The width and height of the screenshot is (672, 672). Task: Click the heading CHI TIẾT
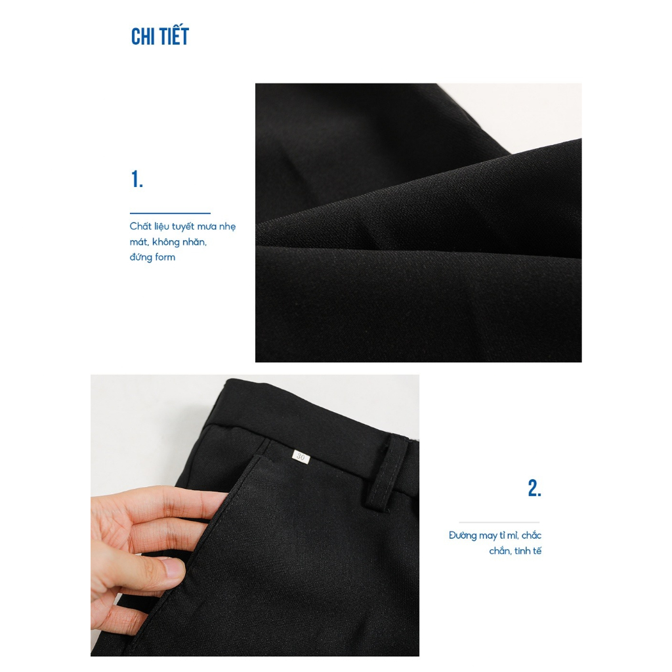pos(160,37)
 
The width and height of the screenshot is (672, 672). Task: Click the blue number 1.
pos(136,179)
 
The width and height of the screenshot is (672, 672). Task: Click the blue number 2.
pos(534,488)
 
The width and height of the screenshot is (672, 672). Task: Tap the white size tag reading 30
pos(301,457)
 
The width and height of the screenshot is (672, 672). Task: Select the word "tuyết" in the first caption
pos(183,226)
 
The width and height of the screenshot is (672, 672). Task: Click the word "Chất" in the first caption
pos(140,226)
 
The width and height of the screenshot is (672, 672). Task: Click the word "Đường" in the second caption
pos(463,535)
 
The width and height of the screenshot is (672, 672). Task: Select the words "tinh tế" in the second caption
pos(528,551)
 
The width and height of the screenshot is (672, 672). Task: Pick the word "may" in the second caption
pos(488,536)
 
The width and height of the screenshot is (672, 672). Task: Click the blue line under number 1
pos(170,213)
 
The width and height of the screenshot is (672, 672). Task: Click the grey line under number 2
pos(499,522)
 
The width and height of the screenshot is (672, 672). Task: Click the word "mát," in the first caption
pos(139,242)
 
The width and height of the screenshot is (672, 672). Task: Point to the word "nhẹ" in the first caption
pos(228,226)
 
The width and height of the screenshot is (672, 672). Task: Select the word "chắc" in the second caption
pos(532,535)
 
